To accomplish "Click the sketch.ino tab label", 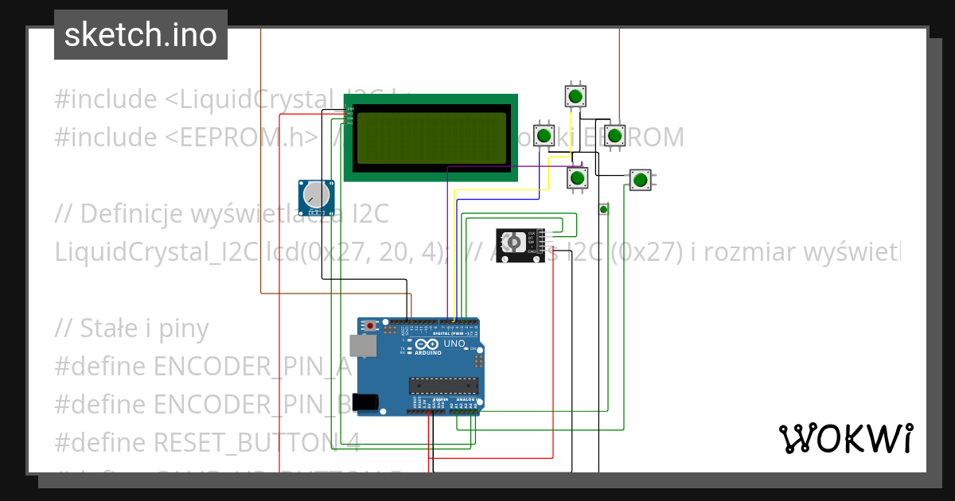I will click(x=141, y=35).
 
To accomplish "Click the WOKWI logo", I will click(x=845, y=438).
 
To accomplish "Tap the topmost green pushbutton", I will click(x=575, y=96).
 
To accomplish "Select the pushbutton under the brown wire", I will click(x=614, y=135).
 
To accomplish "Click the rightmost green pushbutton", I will click(x=639, y=180).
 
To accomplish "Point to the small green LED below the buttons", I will click(x=603, y=209).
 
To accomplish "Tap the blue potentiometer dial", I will click(x=316, y=194).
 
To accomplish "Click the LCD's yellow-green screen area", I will click(x=431, y=138).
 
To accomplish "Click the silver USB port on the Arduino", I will click(x=366, y=345).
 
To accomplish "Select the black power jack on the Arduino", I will click(x=367, y=402).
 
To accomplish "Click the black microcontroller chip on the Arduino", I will click(x=443, y=386).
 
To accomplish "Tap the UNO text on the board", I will click(x=454, y=344).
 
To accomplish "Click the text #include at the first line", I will click(x=106, y=100).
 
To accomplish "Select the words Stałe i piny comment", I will click(x=144, y=328).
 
